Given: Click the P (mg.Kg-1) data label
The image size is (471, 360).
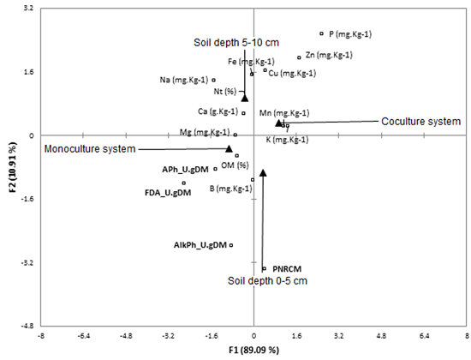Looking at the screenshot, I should [x=351, y=34].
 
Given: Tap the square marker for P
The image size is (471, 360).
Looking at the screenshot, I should [x=321, y=33].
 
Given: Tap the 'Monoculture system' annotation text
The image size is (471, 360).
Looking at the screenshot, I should [x=90, y=149].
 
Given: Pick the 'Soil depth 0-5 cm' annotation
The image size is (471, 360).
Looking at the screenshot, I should [x=266, y=280].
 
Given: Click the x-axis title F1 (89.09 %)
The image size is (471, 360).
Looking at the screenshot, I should [x=254, y=350].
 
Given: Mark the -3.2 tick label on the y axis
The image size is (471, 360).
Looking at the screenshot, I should [x=26, y=262].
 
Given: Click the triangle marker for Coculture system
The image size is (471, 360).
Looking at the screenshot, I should [x=278, y=123].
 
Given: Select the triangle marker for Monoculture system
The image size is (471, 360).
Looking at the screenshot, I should [x=229, y=148].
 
